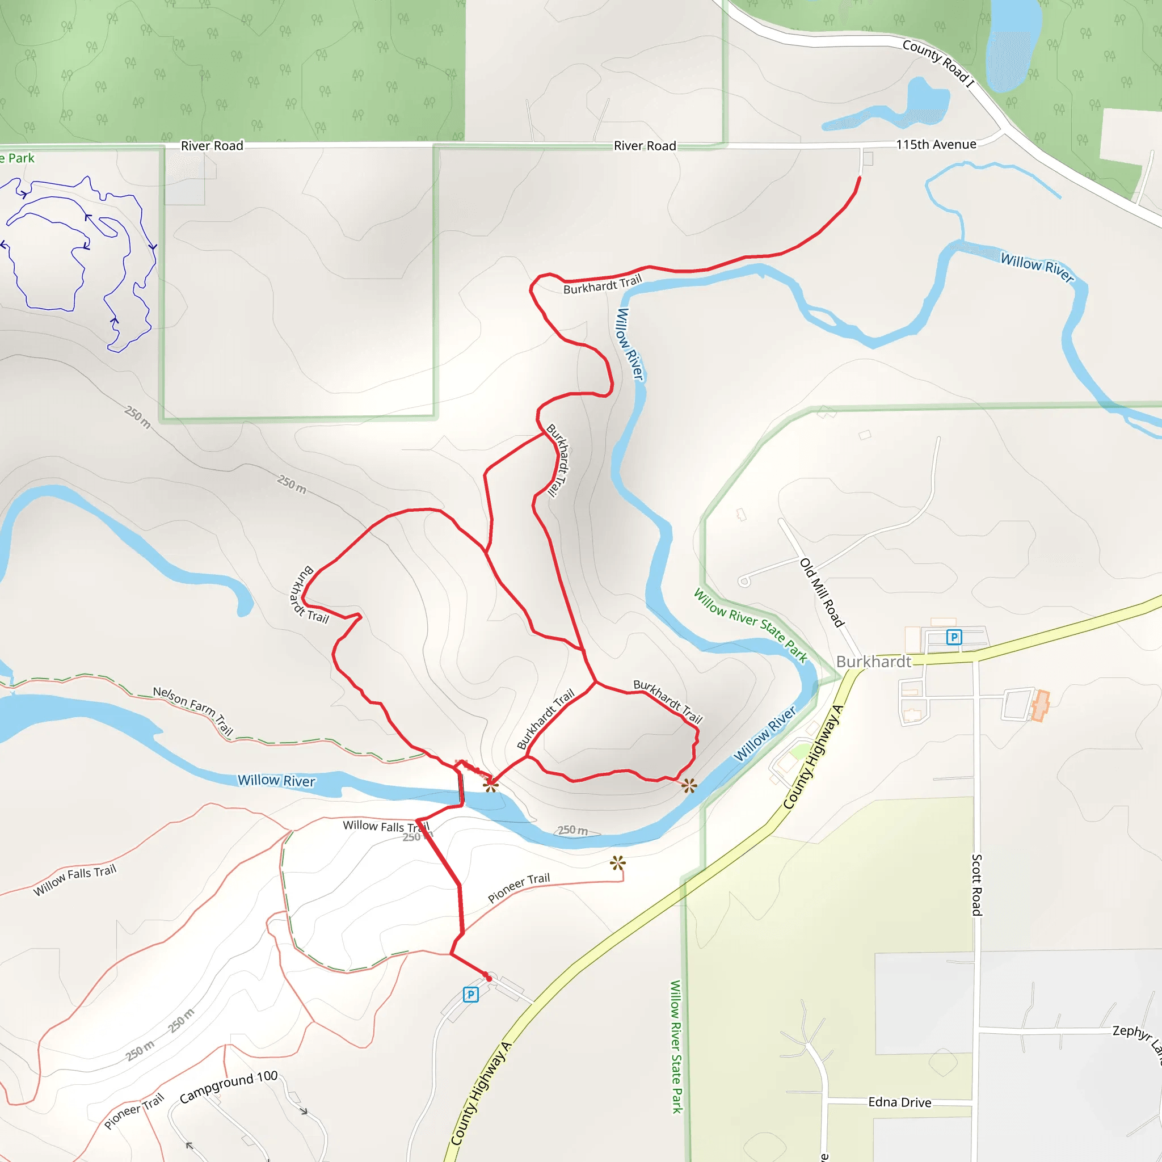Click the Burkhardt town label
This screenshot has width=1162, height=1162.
click(873, 662)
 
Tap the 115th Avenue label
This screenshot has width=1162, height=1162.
click(936, 144)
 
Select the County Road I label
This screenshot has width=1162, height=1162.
click(938, 62)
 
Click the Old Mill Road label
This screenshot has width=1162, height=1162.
click(822, 592)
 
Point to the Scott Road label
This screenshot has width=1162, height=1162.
click(977, 884)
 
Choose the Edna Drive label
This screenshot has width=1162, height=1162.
click(899, 1102)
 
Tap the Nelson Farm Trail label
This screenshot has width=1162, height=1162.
click(193, 710)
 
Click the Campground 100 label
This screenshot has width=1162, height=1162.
click(229, 1086)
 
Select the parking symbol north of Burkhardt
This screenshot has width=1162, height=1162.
click(954, 637)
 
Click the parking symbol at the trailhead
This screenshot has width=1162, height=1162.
click(470, 994)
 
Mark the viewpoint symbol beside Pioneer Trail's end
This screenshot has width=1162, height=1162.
click(618, 863)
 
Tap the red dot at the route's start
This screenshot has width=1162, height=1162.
click(489, 979)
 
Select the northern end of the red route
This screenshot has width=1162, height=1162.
click(860, 178)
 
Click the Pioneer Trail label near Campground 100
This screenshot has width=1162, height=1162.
click(133, 1110)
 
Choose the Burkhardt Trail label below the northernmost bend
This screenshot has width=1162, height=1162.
click(602, 284)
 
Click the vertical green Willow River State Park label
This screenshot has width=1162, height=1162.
click(676, 1046)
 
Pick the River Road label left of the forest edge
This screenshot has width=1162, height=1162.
click(212, 146)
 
